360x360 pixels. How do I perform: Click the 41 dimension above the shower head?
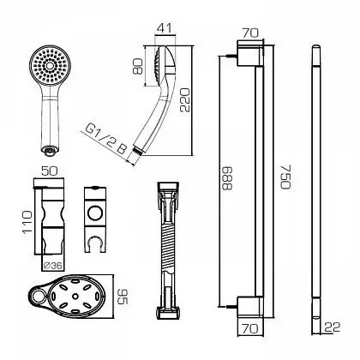pyautogui.click(x=165, y=28)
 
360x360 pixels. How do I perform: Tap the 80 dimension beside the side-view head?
pyautogui.click(x=138, y=66)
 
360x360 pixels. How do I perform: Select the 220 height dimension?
pyautogui.click(x=185, y=99)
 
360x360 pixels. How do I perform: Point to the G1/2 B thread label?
pyautogui.click(x=106, y=141)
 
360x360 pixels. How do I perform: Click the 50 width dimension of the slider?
pyautogui.click(x=50, y=171)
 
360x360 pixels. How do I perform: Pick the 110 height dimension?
pyautogui.click(x=28, y=222)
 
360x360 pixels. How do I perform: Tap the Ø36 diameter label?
pyautogui.click(x=53, y=266)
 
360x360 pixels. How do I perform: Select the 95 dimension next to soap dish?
pyautogui.click(x=123, y=297)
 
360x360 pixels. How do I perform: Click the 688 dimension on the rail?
pyautogui.click(x=227, y=178)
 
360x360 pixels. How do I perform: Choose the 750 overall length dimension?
pyautogui.click(x=285, y=177)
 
